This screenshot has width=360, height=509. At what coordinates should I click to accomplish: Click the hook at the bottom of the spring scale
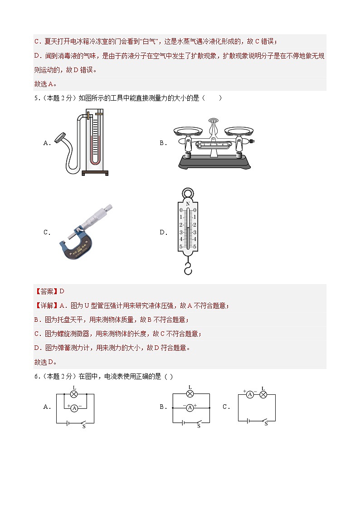coord(188,269)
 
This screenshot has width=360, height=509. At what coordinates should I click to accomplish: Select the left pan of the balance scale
coord(188,131)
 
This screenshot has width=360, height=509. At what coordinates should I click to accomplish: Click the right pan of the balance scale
coord(238,131)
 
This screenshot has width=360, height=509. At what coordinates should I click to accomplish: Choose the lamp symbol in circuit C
coord(263,395)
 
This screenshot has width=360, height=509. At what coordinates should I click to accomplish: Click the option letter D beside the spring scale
coord(162,233)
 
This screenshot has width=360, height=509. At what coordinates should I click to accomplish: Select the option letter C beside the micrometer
coord(46,233)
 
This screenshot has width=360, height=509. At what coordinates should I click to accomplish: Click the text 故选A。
coord(45,84)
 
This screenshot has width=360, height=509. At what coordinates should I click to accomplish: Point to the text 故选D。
coord(45,362)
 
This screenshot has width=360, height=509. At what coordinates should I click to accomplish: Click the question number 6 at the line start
coord(36,376)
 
